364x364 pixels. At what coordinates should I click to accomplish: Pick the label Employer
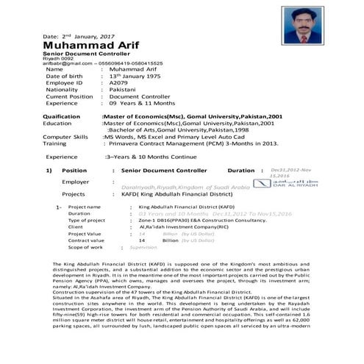(x=76, y=182)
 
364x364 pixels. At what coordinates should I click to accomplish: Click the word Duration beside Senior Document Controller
(x=241, y=170)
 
